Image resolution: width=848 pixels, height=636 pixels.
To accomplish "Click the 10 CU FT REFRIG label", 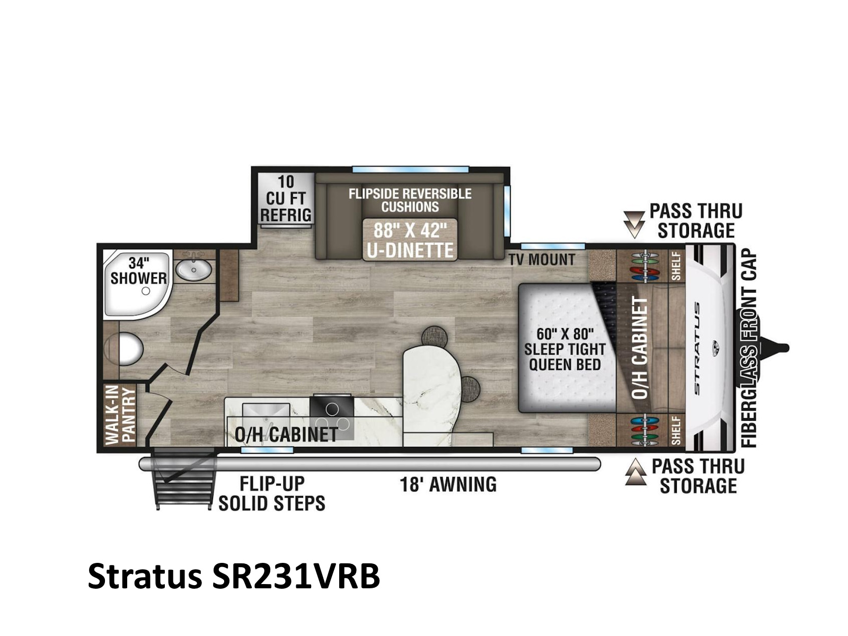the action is click(x=286, y=198).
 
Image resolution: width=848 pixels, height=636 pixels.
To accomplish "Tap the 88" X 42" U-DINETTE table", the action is click(x=410, y=240).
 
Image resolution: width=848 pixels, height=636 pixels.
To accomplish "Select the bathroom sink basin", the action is click(x=193, y=269).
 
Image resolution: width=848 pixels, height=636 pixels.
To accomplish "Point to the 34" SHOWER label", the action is click(x=138, y=271).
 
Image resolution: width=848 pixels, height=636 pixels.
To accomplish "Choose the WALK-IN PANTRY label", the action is click(x=120, y=416).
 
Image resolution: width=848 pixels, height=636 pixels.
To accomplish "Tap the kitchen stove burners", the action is click(x=332, y=418).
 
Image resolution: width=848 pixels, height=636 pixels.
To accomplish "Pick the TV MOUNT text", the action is click(x=541, y=260).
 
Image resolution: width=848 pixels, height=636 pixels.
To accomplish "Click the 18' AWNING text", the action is click(x=448, y=484).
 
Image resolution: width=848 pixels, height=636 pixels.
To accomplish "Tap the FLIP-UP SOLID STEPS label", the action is click(x=271, y=493).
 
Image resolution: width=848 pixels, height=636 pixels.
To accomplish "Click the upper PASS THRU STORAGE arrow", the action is click(x=634, y=224).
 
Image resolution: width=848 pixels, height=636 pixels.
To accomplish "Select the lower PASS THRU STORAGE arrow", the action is click(x=635, y=472).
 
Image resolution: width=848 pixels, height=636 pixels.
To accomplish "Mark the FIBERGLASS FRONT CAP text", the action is click(x=749, y=348).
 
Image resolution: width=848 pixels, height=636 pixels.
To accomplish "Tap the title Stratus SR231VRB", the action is click(x=234, y=577).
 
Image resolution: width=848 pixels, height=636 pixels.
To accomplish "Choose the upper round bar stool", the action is click(x=434, y=336).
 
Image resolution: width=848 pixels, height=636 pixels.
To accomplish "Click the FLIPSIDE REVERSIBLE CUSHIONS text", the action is click(x=410, y=200).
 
